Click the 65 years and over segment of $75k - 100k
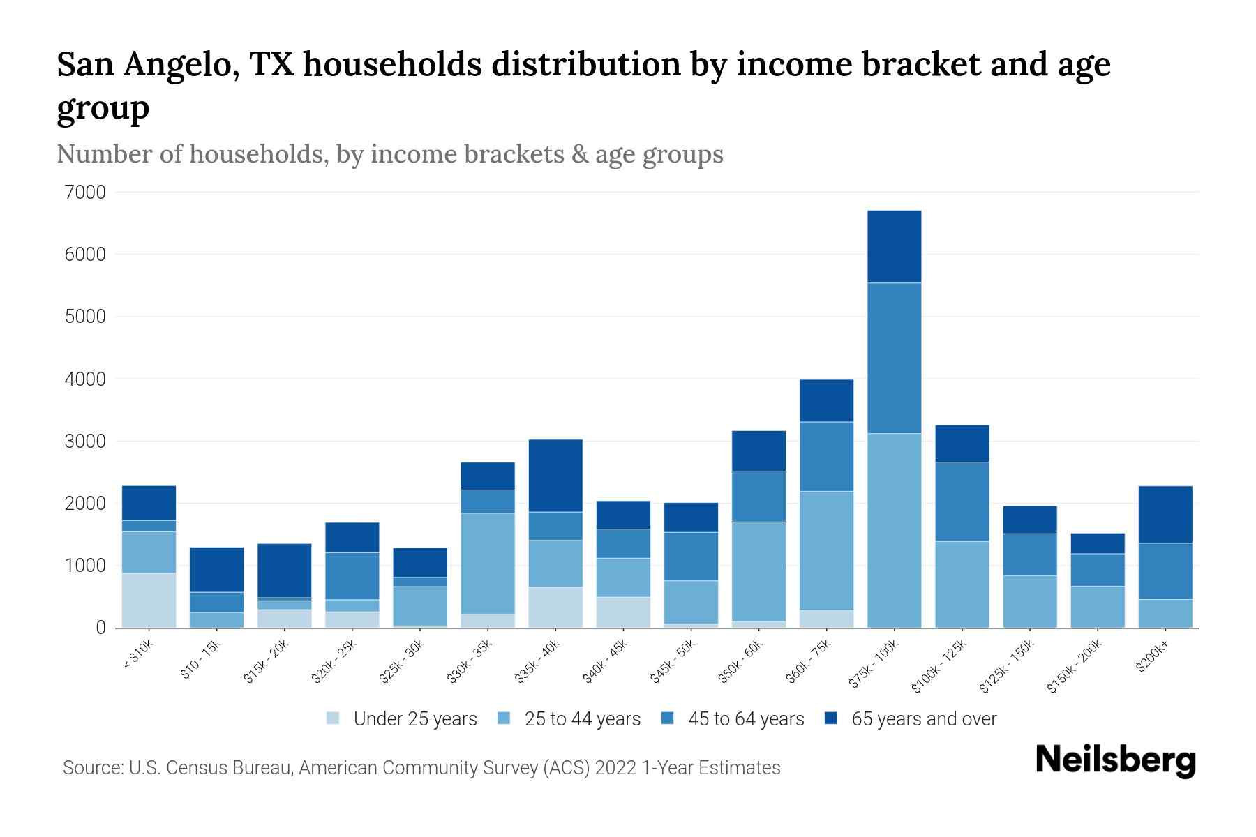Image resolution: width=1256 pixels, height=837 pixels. (x=894, y=246)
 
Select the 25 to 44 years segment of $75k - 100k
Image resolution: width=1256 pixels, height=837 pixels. (x=894, y=530)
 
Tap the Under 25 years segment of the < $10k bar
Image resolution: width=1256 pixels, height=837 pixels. (x=149, y=600)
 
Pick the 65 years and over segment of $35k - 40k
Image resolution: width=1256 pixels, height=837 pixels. (x=555, y=476)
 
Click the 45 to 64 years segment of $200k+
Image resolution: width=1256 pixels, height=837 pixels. (x=1165, y=571)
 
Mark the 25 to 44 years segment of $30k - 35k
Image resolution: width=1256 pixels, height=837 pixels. (x=488, y=563)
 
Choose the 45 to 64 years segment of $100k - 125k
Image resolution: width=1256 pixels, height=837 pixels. (x=962, y=501)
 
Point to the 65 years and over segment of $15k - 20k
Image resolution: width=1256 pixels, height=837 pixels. (x=284, y=570)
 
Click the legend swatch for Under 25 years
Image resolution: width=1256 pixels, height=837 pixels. (x=334, y=718)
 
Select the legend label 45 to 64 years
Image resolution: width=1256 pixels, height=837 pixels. (x=745, y=718)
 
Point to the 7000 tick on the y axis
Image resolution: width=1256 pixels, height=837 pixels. (x=87, y=192)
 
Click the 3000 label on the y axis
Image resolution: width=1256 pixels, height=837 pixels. (x=87, y=441)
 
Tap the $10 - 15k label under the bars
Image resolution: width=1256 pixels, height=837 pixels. (x=201, y=660)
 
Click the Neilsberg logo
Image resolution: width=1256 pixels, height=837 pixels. (x=1115, y=760)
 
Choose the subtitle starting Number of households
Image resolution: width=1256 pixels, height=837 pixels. (x=389, y=154)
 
